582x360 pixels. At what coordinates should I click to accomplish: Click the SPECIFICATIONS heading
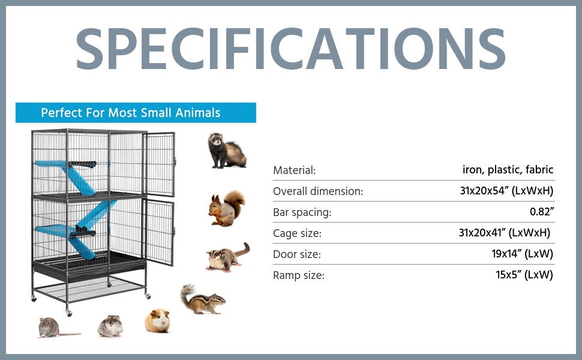(290, 49)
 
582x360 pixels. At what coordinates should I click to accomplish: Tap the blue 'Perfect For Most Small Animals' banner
(136, 112)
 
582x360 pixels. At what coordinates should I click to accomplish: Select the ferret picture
(226, 151)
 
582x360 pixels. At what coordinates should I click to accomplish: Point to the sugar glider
(227, 257)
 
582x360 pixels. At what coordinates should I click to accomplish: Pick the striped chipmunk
(202, 299)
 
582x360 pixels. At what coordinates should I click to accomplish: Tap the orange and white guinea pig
(158, 320)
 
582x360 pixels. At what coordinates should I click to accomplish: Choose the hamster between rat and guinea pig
(110, 326)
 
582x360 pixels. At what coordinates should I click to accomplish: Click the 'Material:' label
(295, 170)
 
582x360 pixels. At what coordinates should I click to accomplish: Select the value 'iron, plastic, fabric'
(508, 170)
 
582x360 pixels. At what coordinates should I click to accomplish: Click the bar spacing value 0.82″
(542, 212)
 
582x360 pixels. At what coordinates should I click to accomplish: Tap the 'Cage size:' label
(298, 233)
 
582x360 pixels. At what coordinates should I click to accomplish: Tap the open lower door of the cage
(159, 232)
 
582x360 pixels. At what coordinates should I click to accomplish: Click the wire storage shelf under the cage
(89, 289)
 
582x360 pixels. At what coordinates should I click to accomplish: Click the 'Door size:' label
(297, 254)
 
